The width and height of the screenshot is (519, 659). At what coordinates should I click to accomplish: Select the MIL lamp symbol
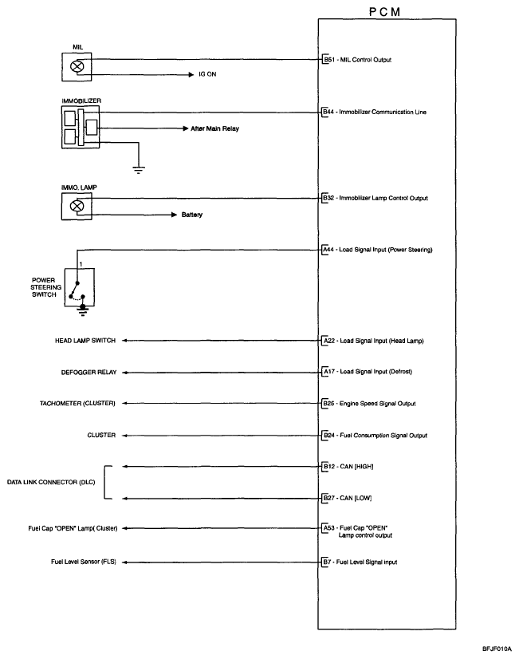(x=78, y=67)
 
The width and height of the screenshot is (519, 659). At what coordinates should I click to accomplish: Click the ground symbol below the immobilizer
(x=139, y=168)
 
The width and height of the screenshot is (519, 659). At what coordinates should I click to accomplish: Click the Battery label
(x=191, y=215)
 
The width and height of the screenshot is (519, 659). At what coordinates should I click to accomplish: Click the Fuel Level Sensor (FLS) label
(x=82, y=562)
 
